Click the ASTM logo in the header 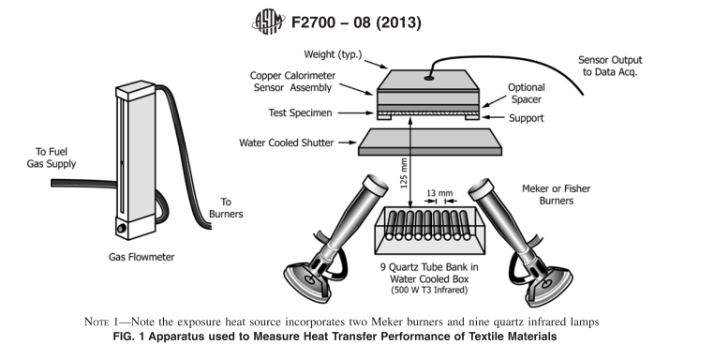(x=268, y=22)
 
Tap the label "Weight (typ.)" (x=333, y=54)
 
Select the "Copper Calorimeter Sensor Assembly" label (x=292, y=82)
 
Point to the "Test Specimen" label (x=300, y=113)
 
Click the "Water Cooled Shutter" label (x=287, y=142)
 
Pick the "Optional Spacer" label (x=526, y=94)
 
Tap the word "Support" (x=527, y=118)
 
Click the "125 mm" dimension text (x=404, y=173)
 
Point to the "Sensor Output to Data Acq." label (x=610, y=66)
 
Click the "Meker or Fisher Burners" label (x=556, y=195)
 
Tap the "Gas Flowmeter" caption (x=141, y=257)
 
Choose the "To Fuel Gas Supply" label (x=51, y=157)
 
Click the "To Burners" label (x=226, y=208)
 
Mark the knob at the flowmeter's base (x=122, y=228)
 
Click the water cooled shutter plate (x=430, y=142)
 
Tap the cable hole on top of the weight (x=429, y=78)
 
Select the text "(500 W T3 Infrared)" (x=429, y=290)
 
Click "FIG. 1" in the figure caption (x=129, y=337)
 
